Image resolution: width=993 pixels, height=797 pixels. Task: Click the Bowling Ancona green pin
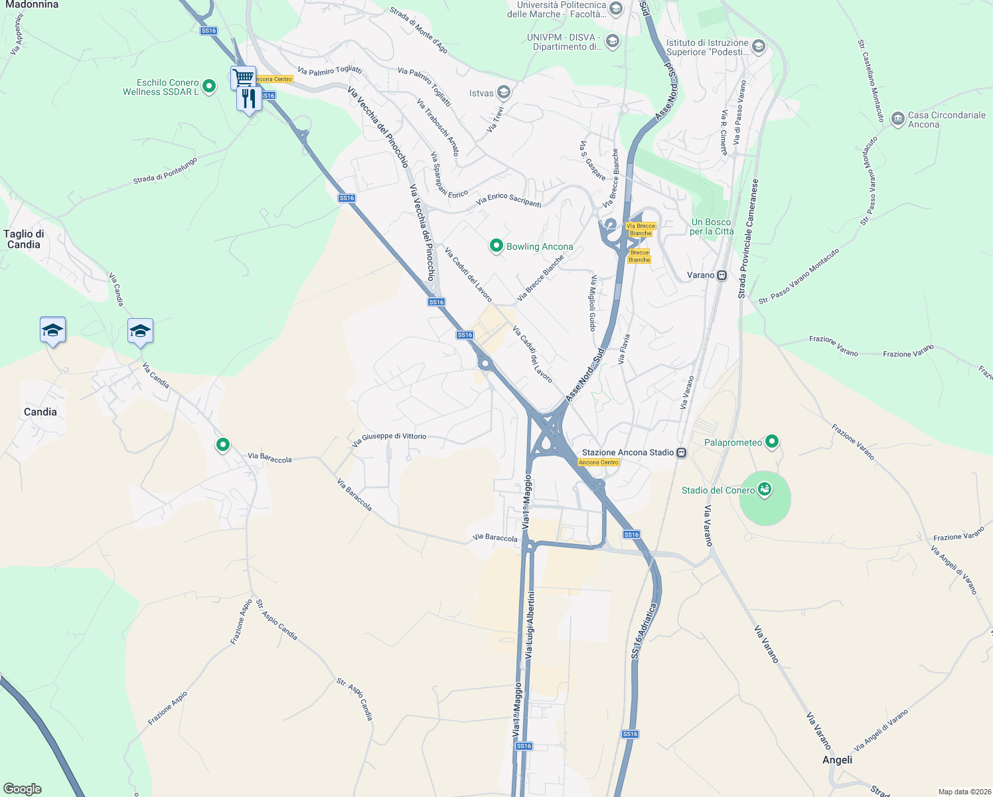pyautogui.click(x=496, y=246)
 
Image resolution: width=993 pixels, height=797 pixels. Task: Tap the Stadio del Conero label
pyautogui.click(x=718, y=491)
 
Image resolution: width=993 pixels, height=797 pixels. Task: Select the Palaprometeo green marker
pyautogui.click(x=771, y=441)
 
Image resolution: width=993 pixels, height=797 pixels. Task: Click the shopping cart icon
pyautogui.click(x=244, y=77)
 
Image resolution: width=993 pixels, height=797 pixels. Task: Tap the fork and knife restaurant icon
pyautogui.click(x=249, y=99)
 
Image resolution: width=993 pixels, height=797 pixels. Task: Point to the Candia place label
pyautogui.click(x=40, y=412)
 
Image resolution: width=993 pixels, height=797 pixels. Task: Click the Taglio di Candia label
pyautogui.click(x=24, y=239)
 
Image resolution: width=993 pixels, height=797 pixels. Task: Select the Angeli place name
pyautogui.click(x=837, y=760)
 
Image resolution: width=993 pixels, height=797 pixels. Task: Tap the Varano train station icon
pyautogui.click(x=722, y=275)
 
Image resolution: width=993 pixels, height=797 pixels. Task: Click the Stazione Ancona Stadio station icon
pyautogui.click(x=681, y=452)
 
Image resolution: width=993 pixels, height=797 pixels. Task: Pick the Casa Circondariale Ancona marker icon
pyautogui.click(x=897, y=119)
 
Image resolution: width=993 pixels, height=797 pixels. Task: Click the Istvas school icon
pyautogui.click(x=504, y=92)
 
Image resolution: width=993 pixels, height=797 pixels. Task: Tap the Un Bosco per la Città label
pyautogui.click(x=712, y=226)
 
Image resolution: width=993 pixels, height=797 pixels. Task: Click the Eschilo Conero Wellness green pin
pyautogui.click(x=209, y=86)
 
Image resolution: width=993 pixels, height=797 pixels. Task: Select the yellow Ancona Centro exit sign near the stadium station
pyautogui.click(x=599, y=462)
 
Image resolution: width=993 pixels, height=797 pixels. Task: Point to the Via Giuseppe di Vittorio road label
pyautogui.click(x=389, y=439)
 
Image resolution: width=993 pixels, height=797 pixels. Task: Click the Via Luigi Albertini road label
pyautogui.click(x=529, y=624)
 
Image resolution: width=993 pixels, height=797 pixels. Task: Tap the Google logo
pyautogui.click(x=23, y=789)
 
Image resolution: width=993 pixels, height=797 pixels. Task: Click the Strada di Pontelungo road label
pyautogui.click(x=165, y=171)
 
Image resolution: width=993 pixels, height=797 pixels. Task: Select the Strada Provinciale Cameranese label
pyautogui.click(x=747, y=238)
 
